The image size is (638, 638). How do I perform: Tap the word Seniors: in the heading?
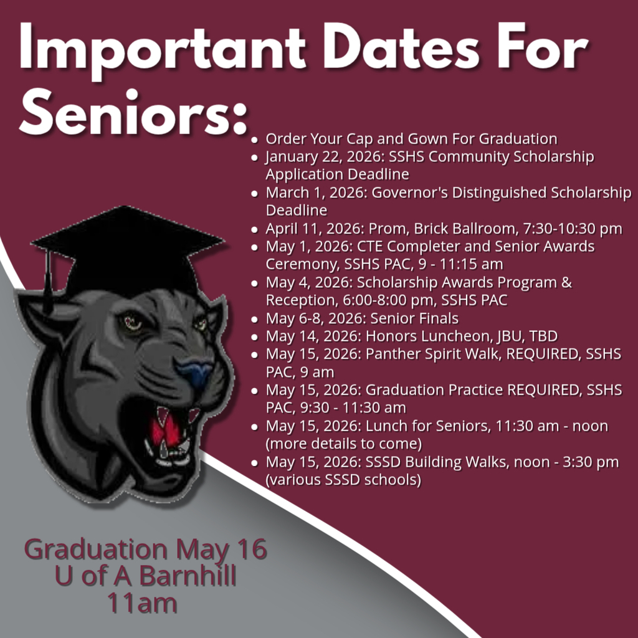133,112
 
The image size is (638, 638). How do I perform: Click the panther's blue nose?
194,373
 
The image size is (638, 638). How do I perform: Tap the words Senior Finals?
414,318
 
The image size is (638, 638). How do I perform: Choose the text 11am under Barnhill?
143,603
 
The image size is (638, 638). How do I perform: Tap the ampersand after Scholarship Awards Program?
566,282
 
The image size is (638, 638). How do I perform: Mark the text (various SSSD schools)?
343,480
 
